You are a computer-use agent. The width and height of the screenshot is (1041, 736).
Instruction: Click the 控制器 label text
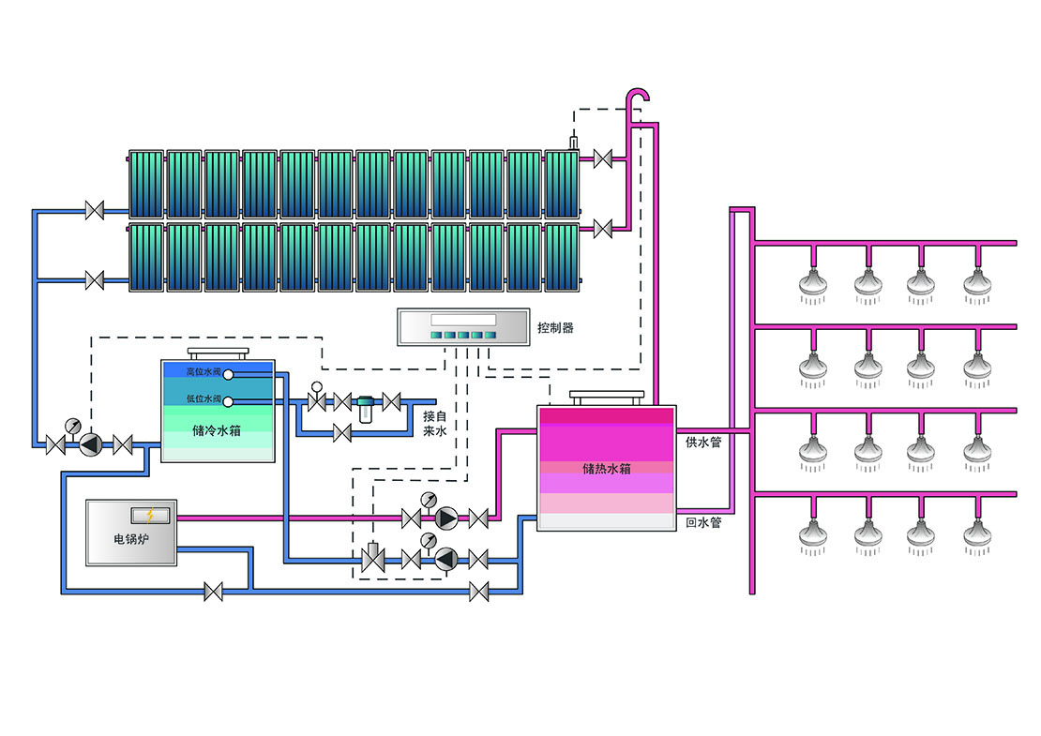(555, 328)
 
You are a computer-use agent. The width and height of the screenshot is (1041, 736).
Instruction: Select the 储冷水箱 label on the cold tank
(217, 431)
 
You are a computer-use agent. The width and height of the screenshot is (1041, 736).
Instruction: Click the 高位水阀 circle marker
(228, 374)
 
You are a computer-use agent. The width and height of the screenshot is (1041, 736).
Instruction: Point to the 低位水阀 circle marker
(228, 401)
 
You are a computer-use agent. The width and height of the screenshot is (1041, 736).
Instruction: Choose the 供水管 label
(703, 442)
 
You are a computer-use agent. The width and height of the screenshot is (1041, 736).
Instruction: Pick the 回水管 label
(703, 522)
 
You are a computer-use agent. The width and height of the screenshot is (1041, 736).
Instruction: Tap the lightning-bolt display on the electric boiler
(150, 515)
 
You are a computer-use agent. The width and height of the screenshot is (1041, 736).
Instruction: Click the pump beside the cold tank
(90, 443)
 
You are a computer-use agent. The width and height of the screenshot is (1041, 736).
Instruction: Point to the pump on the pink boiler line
(445, 518)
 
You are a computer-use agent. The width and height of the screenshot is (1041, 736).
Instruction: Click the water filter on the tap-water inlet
(366, 405)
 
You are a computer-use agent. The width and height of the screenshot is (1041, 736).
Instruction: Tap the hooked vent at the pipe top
(639, 98)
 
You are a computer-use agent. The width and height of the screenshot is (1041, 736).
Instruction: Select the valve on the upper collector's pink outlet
(603, 159)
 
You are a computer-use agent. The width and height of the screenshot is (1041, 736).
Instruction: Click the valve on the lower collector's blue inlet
(94, 278)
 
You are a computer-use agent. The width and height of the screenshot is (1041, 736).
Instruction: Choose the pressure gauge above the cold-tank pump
(71, 426)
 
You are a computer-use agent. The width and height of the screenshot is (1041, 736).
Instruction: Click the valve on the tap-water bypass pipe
(342, 432)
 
